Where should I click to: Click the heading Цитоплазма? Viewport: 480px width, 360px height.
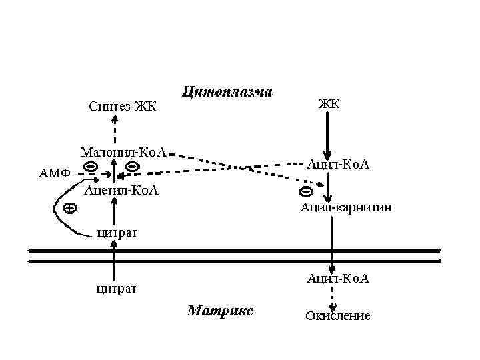[227, 92]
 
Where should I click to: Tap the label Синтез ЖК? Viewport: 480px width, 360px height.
[122, 106]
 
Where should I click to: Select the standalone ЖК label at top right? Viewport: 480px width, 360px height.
[329, 103]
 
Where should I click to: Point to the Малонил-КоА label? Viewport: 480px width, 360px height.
[123, 152]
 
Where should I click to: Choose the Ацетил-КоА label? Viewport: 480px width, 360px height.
[122, 191]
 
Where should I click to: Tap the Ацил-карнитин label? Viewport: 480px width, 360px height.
[345, 207]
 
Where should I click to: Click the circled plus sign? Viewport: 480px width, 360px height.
[69, 208]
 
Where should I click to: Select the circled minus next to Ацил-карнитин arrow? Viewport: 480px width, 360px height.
[305, 192]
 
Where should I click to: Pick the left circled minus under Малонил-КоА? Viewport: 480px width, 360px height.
[90, 165]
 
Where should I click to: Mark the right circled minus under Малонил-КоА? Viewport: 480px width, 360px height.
[132, 165]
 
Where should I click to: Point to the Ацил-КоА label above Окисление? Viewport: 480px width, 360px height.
[337, 278]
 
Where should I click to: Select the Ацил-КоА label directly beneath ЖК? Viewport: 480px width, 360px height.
[337, 163]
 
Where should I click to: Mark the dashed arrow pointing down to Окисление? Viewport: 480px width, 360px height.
[333, 295]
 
